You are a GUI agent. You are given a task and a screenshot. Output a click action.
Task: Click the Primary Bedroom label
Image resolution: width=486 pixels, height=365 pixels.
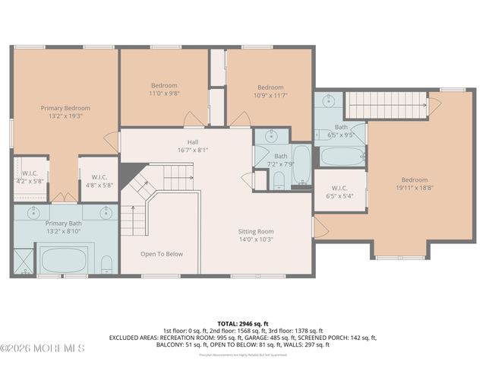[65, 109]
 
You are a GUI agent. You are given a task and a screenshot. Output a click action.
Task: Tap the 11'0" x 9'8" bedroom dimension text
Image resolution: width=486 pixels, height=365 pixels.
[164, 94]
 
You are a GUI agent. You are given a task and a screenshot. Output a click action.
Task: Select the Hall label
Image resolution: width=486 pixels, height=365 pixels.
[193, 141]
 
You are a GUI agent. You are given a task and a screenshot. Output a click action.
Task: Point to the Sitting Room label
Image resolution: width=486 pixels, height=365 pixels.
[255, 231]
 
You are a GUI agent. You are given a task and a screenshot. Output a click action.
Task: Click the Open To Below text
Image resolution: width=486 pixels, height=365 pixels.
[161, 254]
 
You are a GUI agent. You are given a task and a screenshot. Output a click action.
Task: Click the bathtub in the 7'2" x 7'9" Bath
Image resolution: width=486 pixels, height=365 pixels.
[301, 166]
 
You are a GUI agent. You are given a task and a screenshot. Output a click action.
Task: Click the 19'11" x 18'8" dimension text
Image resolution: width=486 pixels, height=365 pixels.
[414, 189]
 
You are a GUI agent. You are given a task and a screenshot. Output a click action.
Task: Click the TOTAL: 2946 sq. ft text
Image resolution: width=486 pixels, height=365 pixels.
[243, 323]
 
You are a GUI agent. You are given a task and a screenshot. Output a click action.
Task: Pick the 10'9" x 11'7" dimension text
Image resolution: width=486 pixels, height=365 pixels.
[270, 96]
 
